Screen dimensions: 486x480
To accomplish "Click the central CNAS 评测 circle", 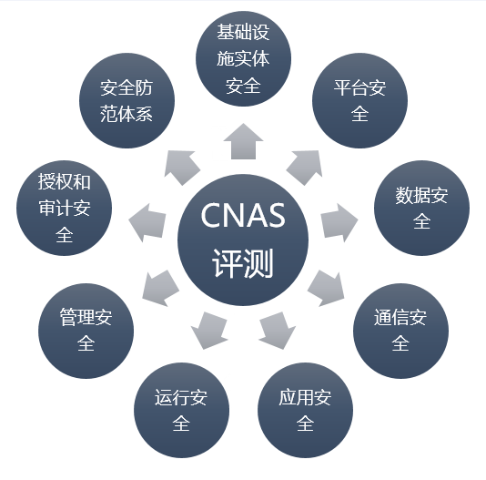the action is coord(243,240).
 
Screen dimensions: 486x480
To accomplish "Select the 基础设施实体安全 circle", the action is coord(243,58).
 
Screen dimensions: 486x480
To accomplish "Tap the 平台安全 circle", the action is coord(359,100).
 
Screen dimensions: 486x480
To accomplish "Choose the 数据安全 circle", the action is coord(422,208).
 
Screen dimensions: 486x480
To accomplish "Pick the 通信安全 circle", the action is coord(400,331).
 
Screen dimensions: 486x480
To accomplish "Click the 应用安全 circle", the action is coord(305,410).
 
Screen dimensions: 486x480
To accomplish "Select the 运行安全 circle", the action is coord(182,410).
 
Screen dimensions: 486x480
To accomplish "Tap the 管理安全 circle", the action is coord(86,331).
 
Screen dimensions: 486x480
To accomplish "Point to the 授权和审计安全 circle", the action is coord(64,208).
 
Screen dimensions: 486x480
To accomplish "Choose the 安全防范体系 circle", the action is coord(127,100).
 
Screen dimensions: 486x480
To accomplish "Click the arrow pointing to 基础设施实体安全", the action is coord(243,142).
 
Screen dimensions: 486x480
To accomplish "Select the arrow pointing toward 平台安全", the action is coord(305,167).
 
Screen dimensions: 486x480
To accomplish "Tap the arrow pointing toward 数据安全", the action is coord(339,222).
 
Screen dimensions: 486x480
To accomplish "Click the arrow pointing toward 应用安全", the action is coord(277,331).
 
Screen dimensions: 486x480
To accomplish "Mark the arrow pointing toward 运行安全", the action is coord(209,331).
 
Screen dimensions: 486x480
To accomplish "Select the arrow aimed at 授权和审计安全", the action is coord(147,222).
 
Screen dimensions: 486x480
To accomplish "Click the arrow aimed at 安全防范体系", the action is coord(182,168).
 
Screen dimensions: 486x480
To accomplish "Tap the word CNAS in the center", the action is coord(243,215).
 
